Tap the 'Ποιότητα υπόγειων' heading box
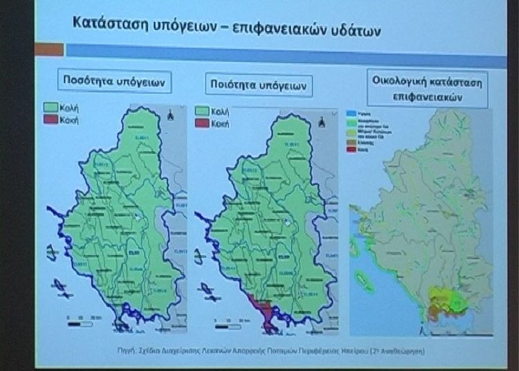259,84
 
